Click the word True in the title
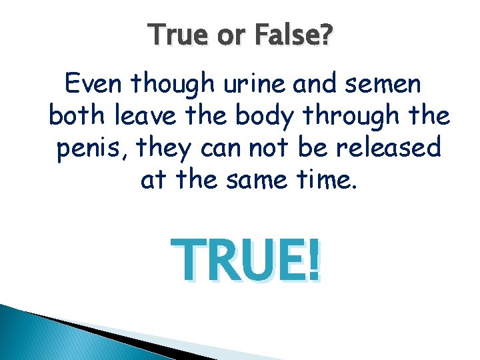(175, 34)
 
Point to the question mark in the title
(325, 34)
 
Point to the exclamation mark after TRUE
(314, 261)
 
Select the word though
(174, 85)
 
